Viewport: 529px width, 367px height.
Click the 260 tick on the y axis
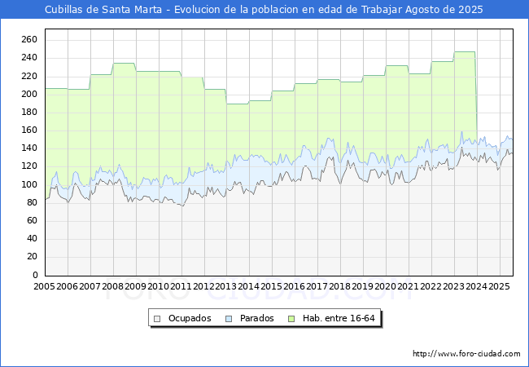tap(29, 39)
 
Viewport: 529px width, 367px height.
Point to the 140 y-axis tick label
tap(29, 148)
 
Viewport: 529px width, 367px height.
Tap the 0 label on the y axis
tap(35, 275)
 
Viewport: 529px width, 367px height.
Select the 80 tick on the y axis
tap(32, 202)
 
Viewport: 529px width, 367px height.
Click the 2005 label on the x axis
tap(44, 286)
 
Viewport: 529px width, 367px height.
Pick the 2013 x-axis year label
tap(226, 286)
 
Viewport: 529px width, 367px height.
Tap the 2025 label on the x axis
tap(499, 286)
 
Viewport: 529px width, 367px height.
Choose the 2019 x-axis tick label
tap(363, 286)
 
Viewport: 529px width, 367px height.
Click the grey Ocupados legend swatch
tap(157, 319)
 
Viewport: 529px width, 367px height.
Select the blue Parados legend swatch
tap(229, 319)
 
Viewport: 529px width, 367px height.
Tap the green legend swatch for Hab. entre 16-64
tap(291, 319)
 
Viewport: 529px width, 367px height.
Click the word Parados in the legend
tap(256, 318)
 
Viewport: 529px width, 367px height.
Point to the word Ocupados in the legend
tap(190, 318)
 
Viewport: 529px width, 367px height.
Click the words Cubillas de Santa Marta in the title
tap(103, 10)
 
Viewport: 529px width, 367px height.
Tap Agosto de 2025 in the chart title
tap(444, 10)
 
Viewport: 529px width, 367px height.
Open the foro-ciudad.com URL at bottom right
tap(466, 353)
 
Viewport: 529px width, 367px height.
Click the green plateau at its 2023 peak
tap(465, 51)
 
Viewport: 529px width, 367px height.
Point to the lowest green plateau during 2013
tap(238, 104)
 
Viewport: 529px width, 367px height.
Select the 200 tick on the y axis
tap(29, 94)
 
